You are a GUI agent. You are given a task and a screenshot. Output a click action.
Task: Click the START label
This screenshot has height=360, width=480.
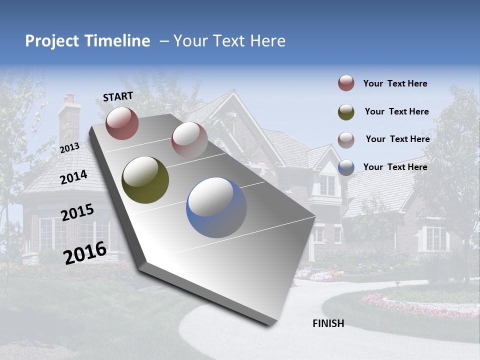click(x=118, y=96)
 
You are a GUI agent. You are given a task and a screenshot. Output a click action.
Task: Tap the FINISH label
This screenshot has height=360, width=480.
click(x=328, y=323)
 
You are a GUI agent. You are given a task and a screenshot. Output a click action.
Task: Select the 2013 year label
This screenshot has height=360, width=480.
click(x=70, y=147)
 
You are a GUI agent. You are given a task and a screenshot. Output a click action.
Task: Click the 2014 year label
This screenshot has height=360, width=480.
click(x=74, y=177)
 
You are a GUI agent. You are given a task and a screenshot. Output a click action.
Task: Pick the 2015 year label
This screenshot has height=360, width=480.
click(x=77, y=212)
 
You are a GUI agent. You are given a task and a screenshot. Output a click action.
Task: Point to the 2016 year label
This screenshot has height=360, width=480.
click(x=85, y=252)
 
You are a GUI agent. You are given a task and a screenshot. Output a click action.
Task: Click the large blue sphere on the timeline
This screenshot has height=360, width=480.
click(x=216, y=207)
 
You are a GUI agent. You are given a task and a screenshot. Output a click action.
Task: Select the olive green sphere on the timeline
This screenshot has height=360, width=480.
click(x=145, y=180)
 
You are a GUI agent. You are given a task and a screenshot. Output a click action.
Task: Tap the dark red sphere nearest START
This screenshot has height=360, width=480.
click(x=122, y=123)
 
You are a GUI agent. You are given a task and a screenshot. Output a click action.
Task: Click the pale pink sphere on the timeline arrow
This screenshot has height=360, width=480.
click(x=189, y=139)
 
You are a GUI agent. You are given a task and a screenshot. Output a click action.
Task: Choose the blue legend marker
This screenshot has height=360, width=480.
click(x=346, y=167)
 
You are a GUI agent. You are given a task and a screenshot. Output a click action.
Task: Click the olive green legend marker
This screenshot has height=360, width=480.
click(x=346, y=112)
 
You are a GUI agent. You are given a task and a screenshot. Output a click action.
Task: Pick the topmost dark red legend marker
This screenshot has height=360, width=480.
click(x=346, y=83)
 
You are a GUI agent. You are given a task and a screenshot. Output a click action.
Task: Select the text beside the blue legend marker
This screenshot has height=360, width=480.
click(x=395, y=167)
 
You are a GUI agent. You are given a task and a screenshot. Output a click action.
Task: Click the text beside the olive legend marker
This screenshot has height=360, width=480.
click(x=396, y=111)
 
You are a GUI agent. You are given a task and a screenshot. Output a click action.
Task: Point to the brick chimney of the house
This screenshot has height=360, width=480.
click(x=69, y=120)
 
